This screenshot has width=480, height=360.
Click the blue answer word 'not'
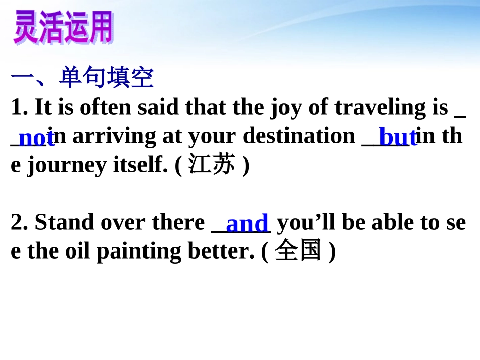coord(36,137)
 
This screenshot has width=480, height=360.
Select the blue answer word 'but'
coord(398,137)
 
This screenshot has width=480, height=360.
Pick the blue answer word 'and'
coord(247,223)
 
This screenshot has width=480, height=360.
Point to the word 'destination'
coord(299,136)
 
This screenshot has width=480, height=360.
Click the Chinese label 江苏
coord(212,165)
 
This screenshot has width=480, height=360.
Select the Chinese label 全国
coord(298,251)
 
